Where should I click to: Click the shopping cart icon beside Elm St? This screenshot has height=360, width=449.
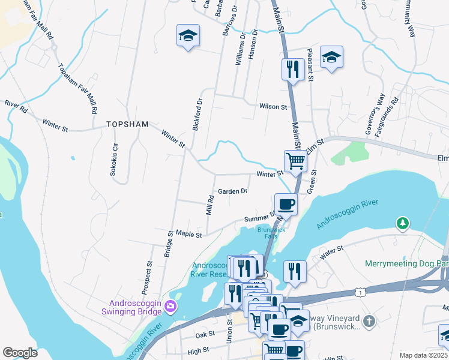pos(295,161)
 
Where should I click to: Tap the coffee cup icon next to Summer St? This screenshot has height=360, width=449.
pos(286,203)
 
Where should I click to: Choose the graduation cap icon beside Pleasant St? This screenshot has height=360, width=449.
pos(331,57)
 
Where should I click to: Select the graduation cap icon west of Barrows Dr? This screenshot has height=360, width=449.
pos(188,35)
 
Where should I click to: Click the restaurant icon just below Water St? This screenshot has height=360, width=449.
pos(295,271)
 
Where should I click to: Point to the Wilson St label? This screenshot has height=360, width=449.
pos(273,106)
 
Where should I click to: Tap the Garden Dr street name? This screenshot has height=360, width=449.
pos(233,191)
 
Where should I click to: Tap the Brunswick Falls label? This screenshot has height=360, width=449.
pos(271,232)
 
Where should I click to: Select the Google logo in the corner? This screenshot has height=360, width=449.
pos(20,353)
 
